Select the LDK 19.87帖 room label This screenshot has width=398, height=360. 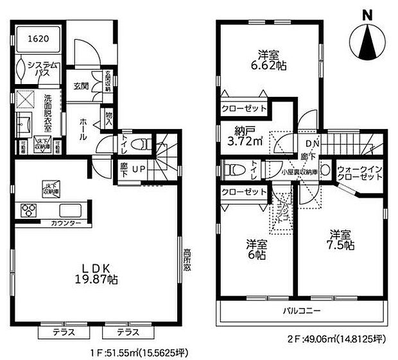[x=97, y=274]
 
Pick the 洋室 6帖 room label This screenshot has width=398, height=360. [x=256, y=250]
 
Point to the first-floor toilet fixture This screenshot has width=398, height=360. [x=146, y=144]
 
